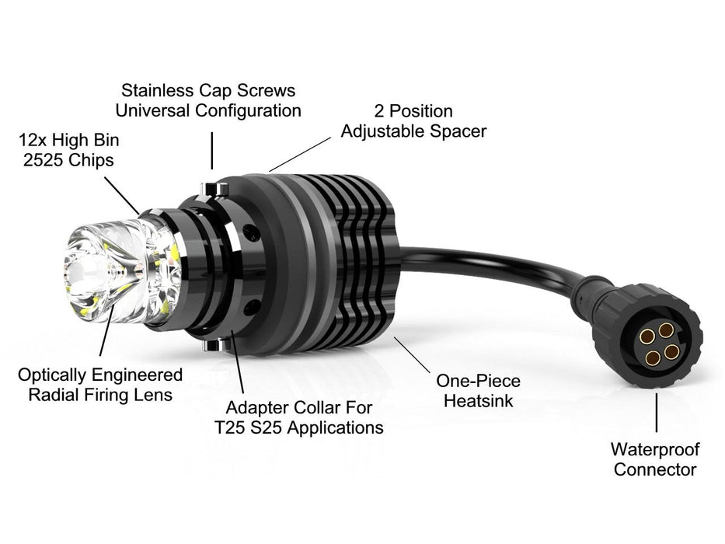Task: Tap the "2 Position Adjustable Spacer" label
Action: pyautogui.click(x=413, y=121)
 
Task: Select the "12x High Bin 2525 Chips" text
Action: pyautogui.click(x=71, y=151)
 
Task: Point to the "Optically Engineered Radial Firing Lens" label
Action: pyautogui.click(x=100, y=385)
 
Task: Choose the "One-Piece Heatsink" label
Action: pyautogui.click(x=478, y=392)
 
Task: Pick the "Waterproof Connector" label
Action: pyautogui.click(x=655, y=459)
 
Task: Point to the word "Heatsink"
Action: pyautogui.click(x=478, y=402)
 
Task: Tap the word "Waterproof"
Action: pyautogui.click(x=655, y=449)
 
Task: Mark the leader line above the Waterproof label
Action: pyautogui.click(x=657, y=412)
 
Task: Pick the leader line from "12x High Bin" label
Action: pyautogui.click(x=121, y=195)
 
